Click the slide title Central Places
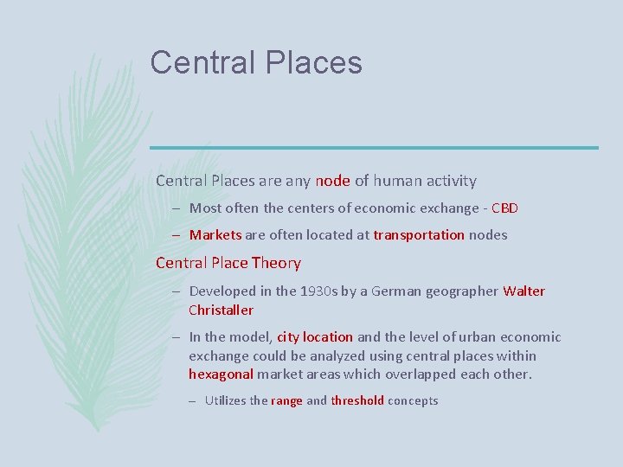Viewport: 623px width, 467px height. (256, 63)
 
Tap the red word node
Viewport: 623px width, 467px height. (333, 182)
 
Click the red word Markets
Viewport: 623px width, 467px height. (215, 235)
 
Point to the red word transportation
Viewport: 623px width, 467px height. (419, 235)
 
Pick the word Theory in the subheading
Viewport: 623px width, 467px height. (276, 263)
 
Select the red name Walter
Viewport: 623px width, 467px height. (523, 291)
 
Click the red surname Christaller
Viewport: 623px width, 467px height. (221, 310)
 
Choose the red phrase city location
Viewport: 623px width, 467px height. (315, 337)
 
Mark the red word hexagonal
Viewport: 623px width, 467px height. (221, 374)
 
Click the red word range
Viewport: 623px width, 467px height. (286, 401)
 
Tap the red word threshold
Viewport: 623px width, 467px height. (357, 401)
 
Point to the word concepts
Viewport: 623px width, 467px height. (413, 401)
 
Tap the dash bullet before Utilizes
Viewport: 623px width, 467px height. (196, 401)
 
